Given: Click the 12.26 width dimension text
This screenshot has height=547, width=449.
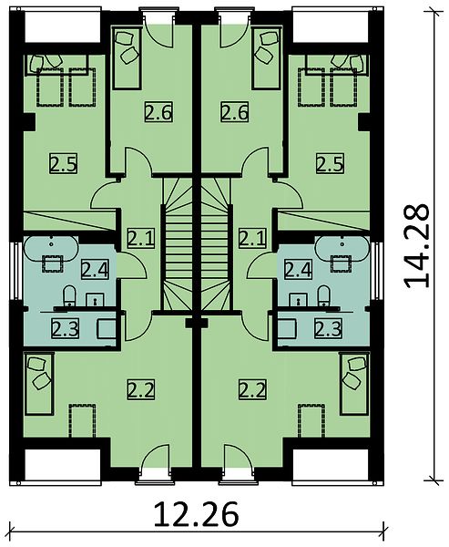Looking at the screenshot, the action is tap(196, 514).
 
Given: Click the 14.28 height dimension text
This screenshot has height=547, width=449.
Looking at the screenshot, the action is tap(416, 245).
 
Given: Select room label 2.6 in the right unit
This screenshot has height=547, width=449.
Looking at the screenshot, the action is tap(234, 112).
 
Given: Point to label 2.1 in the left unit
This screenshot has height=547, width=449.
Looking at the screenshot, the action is tap(140, 238).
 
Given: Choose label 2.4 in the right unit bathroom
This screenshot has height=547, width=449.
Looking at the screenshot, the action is tap(298, 269).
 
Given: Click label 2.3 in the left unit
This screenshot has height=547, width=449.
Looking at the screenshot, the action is tap(66, 328).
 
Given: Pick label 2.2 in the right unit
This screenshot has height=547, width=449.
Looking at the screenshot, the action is tap(253, 389).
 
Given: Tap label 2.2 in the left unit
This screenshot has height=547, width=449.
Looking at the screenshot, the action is tap(140, 389).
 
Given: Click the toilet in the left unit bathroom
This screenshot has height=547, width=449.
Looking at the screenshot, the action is tap(69, 296).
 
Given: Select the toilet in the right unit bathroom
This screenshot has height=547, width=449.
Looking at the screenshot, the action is tap(324, 296).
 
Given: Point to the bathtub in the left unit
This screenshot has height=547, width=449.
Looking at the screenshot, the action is tap(51, 248).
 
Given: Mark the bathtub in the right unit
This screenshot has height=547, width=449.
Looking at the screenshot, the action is tap(342, 248).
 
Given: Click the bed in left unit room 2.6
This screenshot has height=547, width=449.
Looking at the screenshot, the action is tap(127, 57).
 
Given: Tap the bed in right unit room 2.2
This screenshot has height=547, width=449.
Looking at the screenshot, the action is tap(353, 384).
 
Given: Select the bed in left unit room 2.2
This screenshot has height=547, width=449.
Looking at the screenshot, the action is tap(38, 384).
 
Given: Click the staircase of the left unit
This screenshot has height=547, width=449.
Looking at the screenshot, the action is tap(177, 244).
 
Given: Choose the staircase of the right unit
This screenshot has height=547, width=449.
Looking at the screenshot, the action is tap(216, 244).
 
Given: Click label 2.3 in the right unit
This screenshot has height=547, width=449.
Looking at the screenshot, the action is tap(328, 328).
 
